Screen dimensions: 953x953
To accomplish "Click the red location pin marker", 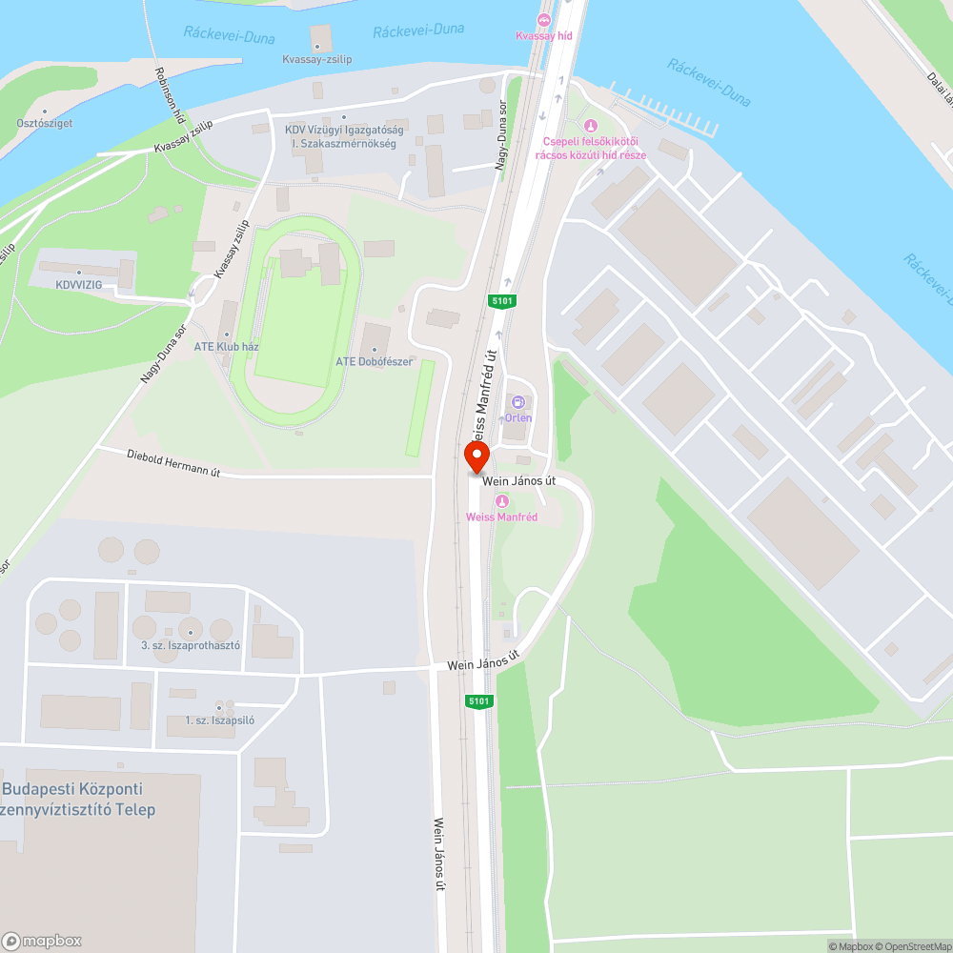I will (x=476, y=457).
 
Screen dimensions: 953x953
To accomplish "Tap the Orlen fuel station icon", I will (x=518, y=403).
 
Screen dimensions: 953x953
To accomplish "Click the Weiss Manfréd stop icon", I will (x=501, y=502).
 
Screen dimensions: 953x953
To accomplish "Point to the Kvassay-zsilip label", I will (x=317, y=59).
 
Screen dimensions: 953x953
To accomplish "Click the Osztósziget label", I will (x=44, y=123).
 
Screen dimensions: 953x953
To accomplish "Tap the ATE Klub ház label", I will (x=227, y=347).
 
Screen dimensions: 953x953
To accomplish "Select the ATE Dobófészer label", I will (x=374, y=362).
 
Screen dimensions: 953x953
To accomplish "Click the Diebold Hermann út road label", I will (x=173, y=462).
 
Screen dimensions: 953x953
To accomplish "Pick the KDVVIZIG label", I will (x=78, y=284).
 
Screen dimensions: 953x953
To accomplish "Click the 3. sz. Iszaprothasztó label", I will (x=190, y=645).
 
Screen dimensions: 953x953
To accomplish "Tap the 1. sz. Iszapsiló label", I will (x=219, y=720).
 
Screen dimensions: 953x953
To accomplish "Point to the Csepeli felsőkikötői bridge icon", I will (x=590, y=125).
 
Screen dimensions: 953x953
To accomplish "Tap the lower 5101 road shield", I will (x=478, y=701).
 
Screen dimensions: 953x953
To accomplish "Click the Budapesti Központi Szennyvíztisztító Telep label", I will (x=76, y=800).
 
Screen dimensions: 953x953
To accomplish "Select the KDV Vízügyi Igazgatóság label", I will (x=344, y=136).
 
